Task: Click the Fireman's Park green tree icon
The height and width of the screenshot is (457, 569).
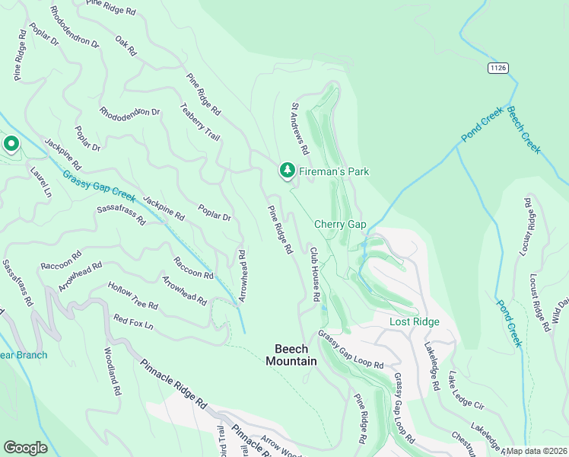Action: [287, 171]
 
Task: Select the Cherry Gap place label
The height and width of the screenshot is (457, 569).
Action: [341, 224]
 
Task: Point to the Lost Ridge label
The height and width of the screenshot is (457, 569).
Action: [415, 321]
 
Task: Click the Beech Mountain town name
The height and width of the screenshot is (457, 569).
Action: [291, 355]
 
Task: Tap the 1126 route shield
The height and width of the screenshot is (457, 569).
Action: [498, 68]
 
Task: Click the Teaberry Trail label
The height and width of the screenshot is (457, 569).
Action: [200, 122]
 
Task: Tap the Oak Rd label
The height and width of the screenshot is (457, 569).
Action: [126, 46]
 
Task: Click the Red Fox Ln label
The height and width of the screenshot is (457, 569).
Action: [133, 321]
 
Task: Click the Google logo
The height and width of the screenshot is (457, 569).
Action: [25, 448]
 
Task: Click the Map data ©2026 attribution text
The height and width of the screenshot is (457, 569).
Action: [536, 451]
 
